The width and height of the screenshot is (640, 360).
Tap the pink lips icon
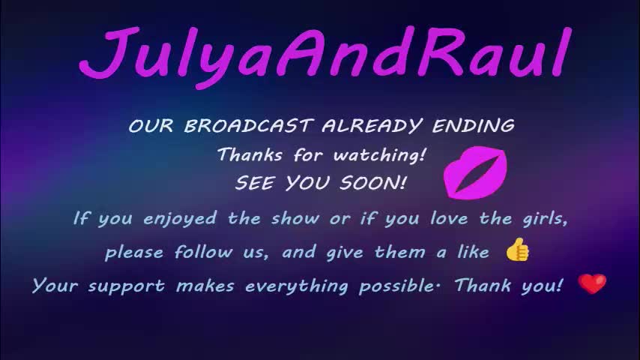[x=475, y=172]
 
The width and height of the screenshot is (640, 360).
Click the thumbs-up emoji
[x=517, y=250]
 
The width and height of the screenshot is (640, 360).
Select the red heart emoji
[x=592, y=284]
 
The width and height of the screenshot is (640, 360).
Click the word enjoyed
[x=180, y=219]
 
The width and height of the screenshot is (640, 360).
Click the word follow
[x=203, y=253]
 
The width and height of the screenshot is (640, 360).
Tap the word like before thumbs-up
[x=473, y=253]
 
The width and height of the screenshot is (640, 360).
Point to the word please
[x=135, y=253]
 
